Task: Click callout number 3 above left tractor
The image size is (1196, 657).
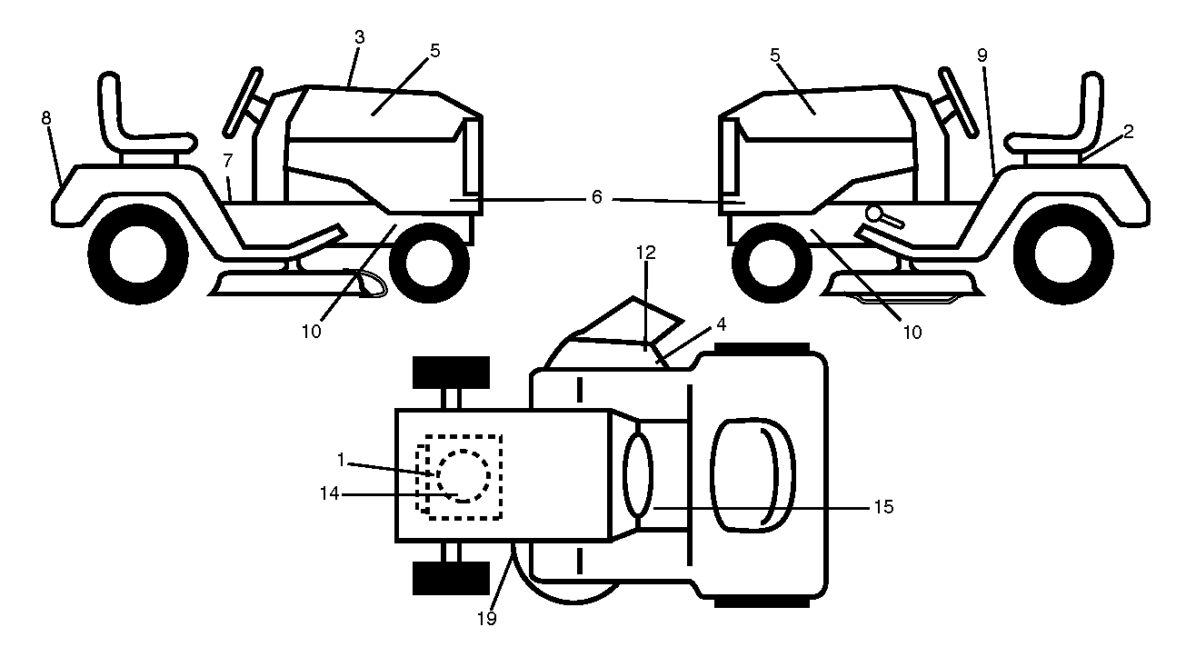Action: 359,37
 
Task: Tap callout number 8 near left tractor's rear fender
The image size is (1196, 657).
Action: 46,118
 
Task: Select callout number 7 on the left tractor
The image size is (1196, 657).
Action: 228,160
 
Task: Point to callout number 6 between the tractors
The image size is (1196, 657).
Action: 597,197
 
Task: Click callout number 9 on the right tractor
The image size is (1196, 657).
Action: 982,55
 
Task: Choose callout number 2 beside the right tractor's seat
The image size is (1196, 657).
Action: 1128,132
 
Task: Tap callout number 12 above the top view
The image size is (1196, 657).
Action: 646,253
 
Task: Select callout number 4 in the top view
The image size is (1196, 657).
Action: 721,324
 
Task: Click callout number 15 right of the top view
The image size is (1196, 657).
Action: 883,506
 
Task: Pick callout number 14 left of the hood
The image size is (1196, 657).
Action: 329,493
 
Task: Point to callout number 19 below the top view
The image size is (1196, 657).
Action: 487,619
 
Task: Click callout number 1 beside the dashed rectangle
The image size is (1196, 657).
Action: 341,460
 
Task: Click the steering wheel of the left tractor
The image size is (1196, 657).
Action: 243,102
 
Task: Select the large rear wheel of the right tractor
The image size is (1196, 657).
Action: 1063,254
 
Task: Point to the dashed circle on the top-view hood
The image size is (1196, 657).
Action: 463,476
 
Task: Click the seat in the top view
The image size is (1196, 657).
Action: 752,475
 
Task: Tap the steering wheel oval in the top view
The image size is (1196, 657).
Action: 637,475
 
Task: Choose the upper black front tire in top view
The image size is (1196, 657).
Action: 451,373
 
